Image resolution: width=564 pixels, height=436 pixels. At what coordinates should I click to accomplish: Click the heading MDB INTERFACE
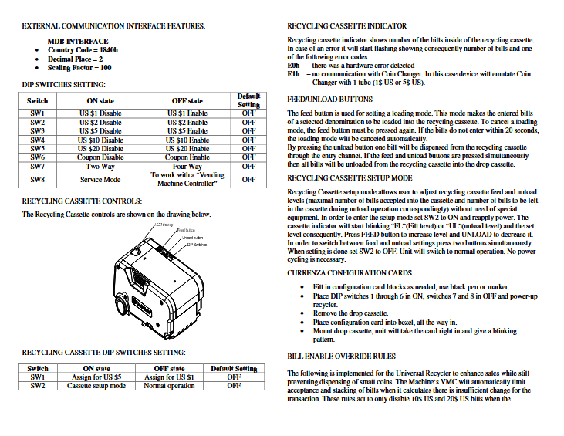click(x=78, y=41)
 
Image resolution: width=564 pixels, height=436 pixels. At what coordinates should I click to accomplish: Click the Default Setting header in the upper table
click(x=248, y=100)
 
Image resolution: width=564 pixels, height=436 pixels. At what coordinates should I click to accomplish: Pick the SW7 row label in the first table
click(x=37, y=166)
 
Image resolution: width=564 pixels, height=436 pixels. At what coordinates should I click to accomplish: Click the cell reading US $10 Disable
click(x=100, y=140)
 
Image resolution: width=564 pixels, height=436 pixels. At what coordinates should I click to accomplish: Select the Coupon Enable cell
click(x=187, y=157)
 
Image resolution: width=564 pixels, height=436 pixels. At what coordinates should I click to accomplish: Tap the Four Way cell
click(x=187, y=166)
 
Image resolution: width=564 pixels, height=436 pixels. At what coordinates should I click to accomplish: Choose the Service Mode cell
click(x=100, y=179)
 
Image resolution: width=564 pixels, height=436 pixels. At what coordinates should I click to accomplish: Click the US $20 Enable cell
click(x=187, y=148)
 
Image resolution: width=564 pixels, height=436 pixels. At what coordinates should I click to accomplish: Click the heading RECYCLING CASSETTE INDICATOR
click(x=346, y=26)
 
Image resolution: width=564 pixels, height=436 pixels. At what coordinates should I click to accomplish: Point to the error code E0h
click(x=292, y=66)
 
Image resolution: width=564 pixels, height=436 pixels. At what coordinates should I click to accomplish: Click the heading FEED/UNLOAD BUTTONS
click(x=329, y=100)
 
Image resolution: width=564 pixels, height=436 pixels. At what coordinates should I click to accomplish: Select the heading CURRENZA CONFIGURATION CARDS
click(x=350, y=273)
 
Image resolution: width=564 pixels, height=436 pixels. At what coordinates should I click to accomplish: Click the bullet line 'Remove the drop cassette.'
click(x=350, y=314)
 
